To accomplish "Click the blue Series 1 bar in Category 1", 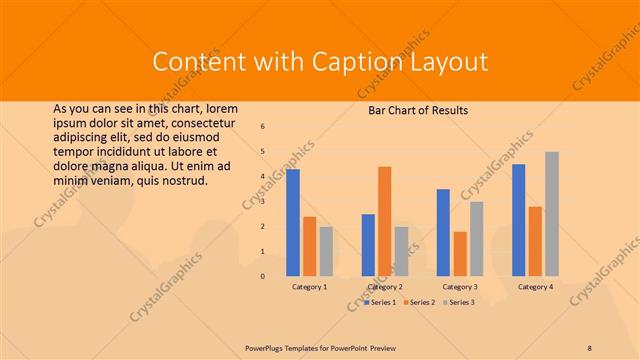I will [x=293, y=222].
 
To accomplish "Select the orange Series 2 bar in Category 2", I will [x=385, y=221].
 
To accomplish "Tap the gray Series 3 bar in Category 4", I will [x=552, y=213].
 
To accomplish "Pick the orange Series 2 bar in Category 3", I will [x=460, y=253].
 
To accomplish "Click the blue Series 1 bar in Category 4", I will [x=518, y=220].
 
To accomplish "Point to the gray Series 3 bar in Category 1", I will [x=326, y=251].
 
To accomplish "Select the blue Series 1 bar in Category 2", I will [x=368, y=245].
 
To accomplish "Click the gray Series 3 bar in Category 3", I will [x=477, y=238].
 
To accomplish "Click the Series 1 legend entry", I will [x=381, y=302].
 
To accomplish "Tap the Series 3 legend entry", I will [x=459, y=302].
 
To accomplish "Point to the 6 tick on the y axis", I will [x=262, y=127].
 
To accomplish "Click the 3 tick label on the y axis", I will [x=262, y=201].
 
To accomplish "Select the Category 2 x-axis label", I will [x=385, y=287].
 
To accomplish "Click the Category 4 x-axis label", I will [x=535, y=287].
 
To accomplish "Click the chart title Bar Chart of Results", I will [x=412, y=110].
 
